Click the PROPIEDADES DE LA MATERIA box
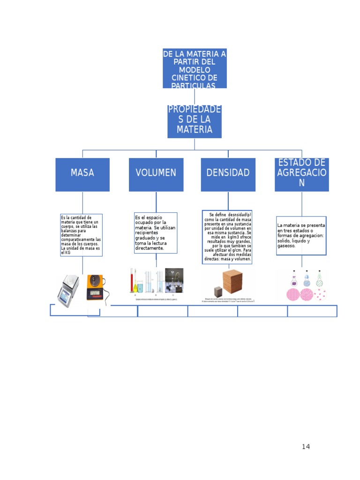point(195,121)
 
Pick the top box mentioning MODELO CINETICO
point(195,68)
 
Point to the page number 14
point(306,447)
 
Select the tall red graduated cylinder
point(132,283)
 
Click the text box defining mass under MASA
point(82,235)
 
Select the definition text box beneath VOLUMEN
point(156,232)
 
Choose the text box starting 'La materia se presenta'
point(301,235)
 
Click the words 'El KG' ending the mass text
point(66,253)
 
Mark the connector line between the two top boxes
point(195,97)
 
